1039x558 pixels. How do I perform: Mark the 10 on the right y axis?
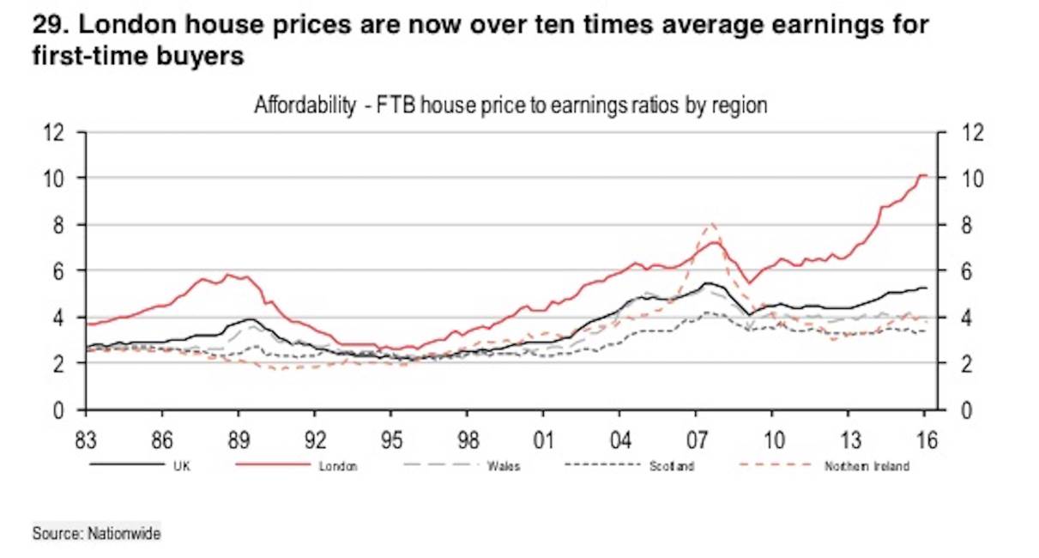[954, 179]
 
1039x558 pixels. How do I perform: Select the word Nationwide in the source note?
[124, 533]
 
